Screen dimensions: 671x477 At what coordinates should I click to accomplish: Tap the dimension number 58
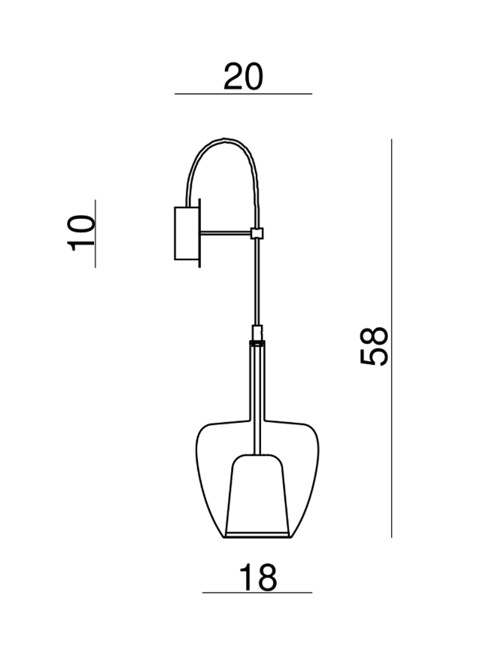point(374,345)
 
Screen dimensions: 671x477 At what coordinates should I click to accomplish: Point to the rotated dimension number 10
point(81,232)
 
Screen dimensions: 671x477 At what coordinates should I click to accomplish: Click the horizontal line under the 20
point(243,94)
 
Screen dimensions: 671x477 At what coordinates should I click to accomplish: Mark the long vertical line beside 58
point(392,339)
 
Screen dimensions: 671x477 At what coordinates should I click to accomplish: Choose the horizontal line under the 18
point(257,593)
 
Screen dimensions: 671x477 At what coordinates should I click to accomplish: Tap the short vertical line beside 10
point(96,233)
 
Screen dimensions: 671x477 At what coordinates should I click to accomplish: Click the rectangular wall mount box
point(186,233)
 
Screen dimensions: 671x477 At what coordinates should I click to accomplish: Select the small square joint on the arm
point(257,234)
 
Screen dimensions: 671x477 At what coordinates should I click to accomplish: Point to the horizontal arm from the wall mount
point(226,234)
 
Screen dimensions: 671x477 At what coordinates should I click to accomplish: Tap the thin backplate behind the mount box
point(200,233)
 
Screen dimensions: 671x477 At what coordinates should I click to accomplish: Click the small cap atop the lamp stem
point(257,332)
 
